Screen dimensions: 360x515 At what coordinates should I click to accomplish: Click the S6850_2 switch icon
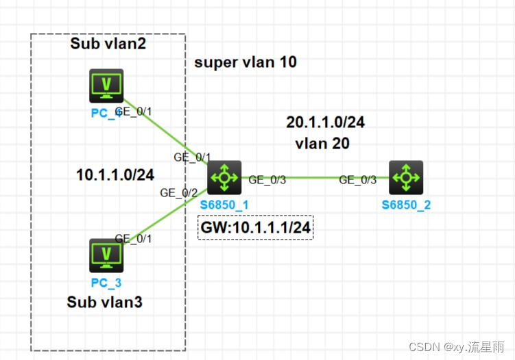click(406, 177)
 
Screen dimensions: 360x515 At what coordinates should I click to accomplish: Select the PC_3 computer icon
click(106, 256)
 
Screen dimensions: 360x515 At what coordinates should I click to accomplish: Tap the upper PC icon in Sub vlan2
click(106, 86)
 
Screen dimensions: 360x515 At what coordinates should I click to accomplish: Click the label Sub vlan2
click(109, 44)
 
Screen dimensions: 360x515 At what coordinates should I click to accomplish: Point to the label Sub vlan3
click(105, 302)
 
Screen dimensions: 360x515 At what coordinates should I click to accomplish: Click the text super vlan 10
click(245, 63)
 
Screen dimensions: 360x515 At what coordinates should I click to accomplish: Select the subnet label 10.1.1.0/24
click(115, 175)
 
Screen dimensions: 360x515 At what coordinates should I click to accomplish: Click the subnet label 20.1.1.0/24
click(325, 123)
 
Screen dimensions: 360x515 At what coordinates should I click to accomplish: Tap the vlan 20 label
click(322, 144)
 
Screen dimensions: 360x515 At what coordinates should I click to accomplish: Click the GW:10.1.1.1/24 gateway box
click(256, 228)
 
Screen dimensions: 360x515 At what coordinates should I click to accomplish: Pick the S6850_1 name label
click(224, 205)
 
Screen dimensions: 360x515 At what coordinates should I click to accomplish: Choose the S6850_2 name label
click(406, 205)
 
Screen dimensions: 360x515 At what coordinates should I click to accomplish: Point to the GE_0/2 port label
click(178, 193)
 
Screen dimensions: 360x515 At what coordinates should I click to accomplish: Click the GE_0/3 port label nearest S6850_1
click(267, 180)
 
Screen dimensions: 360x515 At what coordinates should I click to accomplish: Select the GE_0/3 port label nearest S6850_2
click(358, 180)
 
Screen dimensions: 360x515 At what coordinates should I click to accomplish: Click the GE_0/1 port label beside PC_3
click(133, 238)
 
